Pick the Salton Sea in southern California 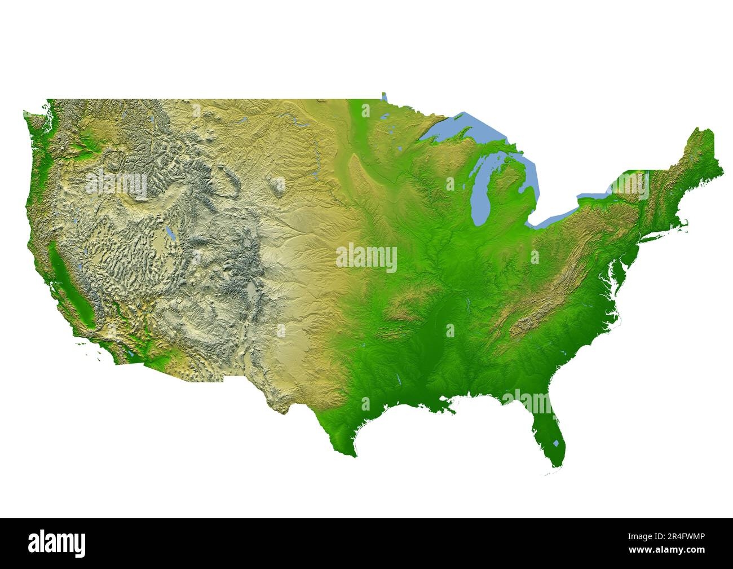[x=130, y=355]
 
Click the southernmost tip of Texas [x=354, y=456]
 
